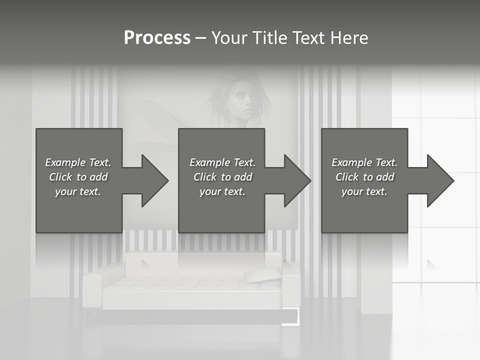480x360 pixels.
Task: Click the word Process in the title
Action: (157, 38)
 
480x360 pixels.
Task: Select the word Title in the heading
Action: (268, 38)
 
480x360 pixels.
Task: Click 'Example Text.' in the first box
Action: (78, 162)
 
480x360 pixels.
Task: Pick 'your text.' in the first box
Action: (78, 191)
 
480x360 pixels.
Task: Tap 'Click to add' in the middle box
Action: (222, 177)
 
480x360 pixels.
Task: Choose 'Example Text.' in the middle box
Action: (222, 162)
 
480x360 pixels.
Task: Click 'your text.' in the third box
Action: (364, 191)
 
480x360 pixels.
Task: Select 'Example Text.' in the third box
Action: (364, 162)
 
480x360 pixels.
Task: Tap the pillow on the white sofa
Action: (262, 274)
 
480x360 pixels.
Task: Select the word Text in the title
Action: (308, 38)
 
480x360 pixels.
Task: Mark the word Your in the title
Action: (229, 38)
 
